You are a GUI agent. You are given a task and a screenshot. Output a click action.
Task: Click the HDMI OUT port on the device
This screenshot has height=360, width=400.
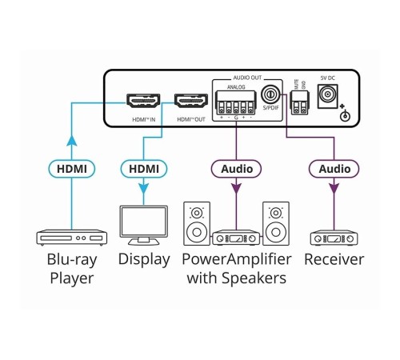(190, 102)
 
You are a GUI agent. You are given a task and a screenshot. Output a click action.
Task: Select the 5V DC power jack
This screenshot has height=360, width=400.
(327, 95)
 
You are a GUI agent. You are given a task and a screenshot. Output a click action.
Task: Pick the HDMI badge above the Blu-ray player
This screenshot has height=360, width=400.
(72, 169)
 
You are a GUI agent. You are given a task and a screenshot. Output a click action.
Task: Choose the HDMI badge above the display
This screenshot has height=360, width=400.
(144, 169)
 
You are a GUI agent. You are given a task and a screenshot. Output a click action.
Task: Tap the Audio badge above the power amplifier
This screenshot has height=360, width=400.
(236, 169)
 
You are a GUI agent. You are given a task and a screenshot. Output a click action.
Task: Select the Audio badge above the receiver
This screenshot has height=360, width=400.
(334, 169)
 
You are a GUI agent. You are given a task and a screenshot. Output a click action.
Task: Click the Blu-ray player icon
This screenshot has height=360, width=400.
(71, 238)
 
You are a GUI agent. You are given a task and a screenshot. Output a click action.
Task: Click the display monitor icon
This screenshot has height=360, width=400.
(143, 226)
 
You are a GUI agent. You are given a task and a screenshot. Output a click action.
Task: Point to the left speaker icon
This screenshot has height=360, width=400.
(197, 225)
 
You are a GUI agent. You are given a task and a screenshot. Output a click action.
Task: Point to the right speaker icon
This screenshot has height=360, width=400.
(276, 225)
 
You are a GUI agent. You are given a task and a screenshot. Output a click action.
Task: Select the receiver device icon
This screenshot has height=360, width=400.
(334, 238)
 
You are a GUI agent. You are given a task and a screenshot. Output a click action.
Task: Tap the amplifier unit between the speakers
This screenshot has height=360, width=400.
(236, 238)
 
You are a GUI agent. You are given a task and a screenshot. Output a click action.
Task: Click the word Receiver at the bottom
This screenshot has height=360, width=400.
(334, 260)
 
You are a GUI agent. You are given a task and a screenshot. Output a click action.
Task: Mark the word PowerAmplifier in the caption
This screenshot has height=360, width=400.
(235, 260)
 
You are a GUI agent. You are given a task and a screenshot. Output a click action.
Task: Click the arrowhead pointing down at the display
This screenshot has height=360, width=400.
(144, 193)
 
